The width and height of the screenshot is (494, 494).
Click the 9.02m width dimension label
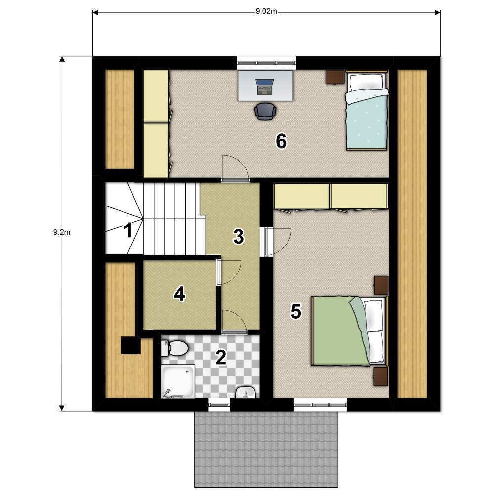coord(266,12)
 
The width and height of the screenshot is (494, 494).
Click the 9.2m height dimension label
coord(62,232)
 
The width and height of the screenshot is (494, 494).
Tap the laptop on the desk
coord(264,86)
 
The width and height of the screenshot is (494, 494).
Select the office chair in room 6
coord(265,111)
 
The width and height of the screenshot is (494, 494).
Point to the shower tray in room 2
coord(178,381)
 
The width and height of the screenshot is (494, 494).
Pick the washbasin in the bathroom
coord(246,392)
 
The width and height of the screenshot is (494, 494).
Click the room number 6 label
coord(281,141)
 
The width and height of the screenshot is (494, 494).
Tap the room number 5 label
coord(296,311)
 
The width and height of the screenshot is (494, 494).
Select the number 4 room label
coord(180,294)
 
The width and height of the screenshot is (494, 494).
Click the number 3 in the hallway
coord(238,236)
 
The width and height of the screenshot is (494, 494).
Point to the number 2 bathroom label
coord(220,357)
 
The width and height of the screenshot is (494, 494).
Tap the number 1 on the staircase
coord(128,230)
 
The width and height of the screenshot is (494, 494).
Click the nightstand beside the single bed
coord(335,77)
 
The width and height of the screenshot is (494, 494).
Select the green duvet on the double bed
coord(340,331)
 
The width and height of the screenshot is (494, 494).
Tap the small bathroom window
coord(220,405)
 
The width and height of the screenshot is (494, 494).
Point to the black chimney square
coord(131,346)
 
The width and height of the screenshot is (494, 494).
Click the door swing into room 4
coord(229,272)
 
